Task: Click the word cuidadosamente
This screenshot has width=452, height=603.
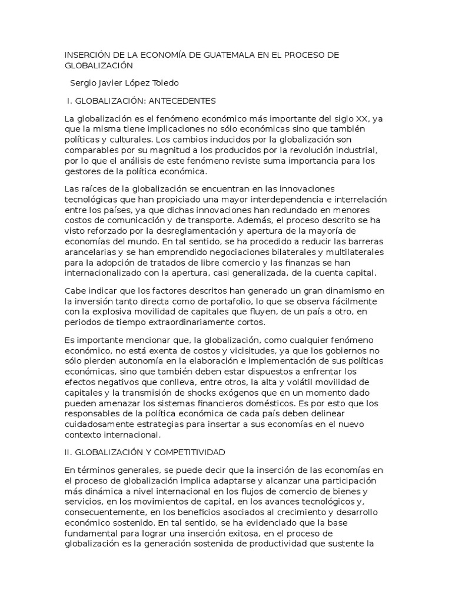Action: coord(104,424)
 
